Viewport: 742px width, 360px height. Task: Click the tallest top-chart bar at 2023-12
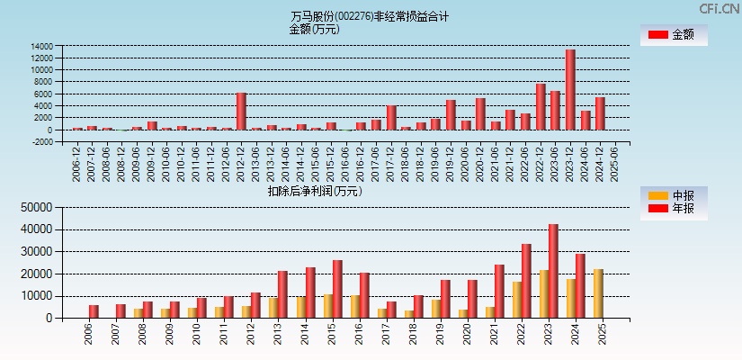pyautogui.click(x=570, y=89)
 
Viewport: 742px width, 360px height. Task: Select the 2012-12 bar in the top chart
pyautogui.click(x=241, y=111)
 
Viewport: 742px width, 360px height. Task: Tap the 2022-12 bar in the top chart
pyautogui.click(x=541, y=106)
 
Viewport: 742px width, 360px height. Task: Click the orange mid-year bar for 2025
pyautogui.click(x=598, y=293)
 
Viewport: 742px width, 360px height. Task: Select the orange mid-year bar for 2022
pyautogui.click(x=517, y=300)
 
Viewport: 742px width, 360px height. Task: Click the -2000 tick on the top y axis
pyautogui.click(x=41, y=141)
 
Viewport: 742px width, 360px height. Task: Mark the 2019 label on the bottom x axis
pyautogui.click(x=440, y=335)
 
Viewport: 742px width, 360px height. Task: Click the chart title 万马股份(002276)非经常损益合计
pyautogui.click(x=370, y=16)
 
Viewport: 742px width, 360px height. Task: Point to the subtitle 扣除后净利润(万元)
pyautogui.click(x=314, y=191)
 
